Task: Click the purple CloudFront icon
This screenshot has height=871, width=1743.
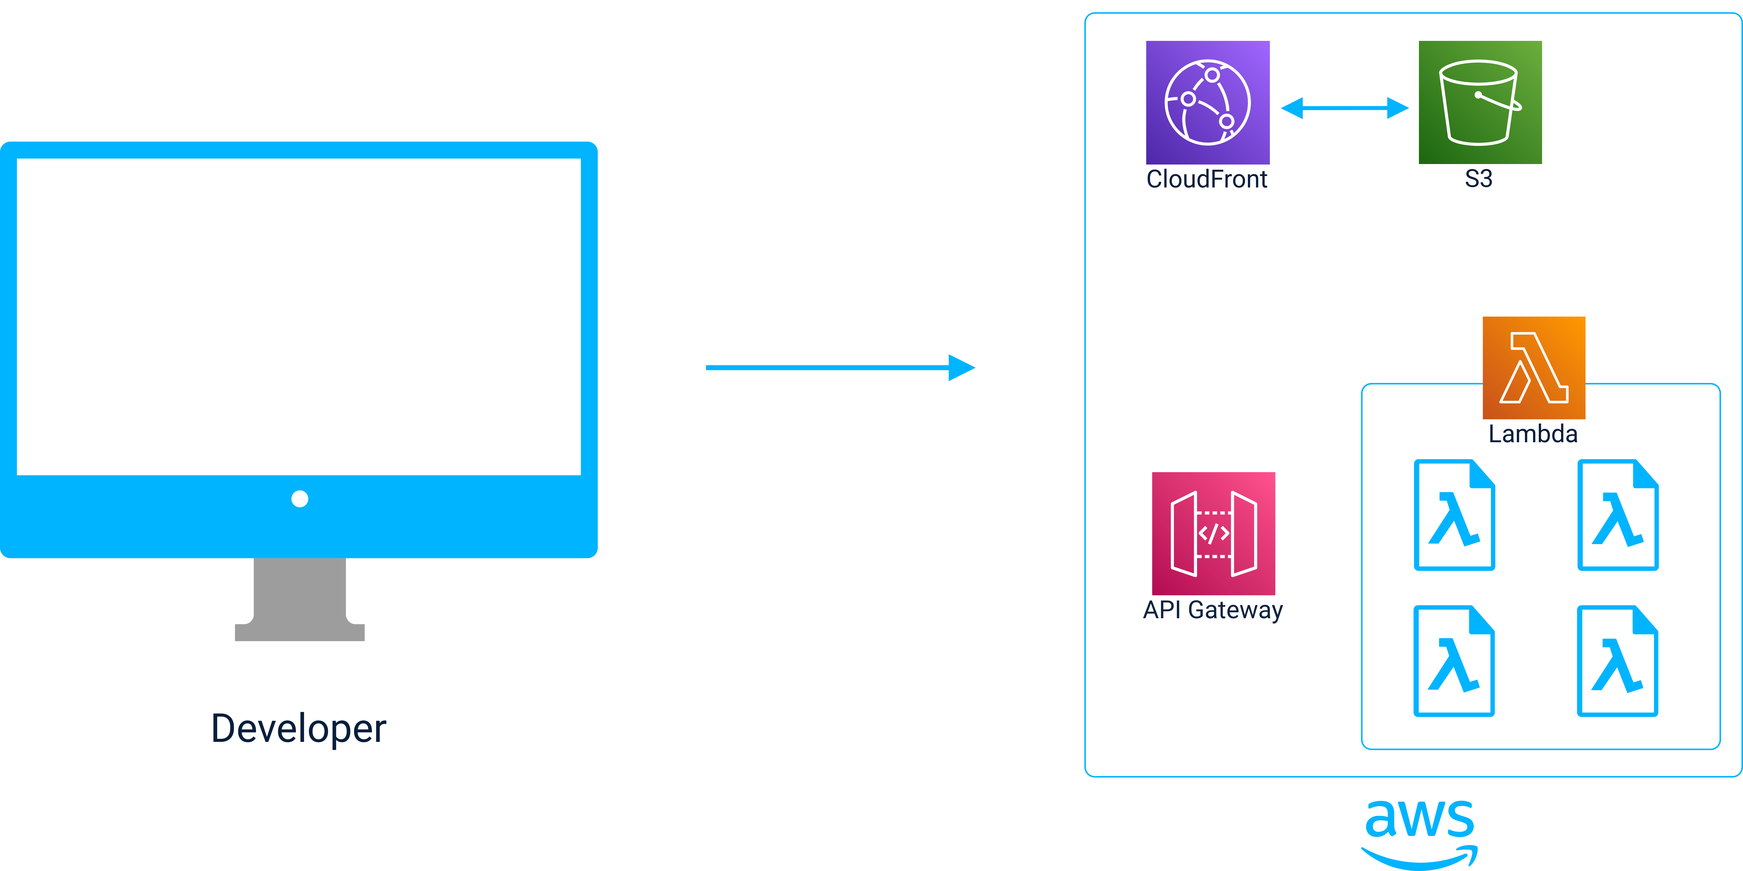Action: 1207,102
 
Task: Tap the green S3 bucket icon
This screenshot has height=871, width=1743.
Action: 1480,102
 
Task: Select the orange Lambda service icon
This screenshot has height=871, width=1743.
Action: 1533,367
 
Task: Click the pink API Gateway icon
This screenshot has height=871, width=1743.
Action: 1213,533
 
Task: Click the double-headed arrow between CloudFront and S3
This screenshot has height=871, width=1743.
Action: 1344,108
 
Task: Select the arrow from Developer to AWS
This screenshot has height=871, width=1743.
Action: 839,367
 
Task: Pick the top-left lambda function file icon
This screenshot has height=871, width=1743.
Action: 1454,515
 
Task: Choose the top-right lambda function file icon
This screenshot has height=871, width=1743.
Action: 1618,515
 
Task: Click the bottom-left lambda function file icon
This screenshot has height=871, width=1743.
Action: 1454,661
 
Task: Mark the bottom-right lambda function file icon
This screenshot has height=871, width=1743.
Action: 1618,661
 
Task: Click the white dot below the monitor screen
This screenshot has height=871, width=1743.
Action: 300,499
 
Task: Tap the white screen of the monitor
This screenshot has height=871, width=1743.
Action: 298,316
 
